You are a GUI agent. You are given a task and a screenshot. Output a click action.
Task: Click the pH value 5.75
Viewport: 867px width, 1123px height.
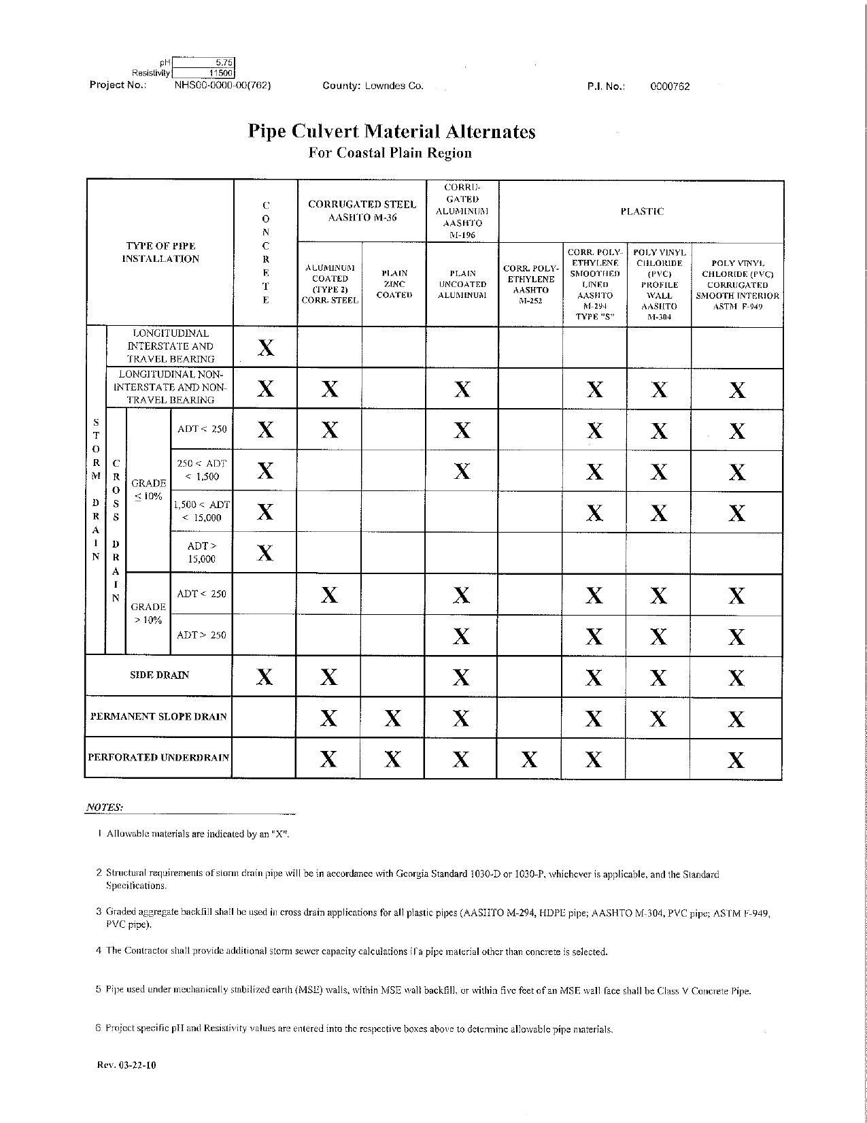click(224, 63)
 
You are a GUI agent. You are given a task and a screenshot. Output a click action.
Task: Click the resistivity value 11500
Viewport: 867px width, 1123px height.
click(221, 73)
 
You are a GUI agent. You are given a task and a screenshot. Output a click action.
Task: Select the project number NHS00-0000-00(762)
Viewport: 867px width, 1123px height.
click(223, 86)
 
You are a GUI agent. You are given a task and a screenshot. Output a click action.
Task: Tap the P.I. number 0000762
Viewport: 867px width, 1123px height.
click(670, 86)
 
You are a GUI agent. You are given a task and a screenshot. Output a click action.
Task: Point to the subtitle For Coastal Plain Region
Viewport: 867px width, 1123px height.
click(390, 152)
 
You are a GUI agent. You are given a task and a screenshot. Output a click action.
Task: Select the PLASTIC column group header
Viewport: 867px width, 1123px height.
click(641, 212)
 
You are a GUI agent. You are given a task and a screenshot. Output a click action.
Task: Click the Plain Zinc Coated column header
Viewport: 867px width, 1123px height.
click(394, 284)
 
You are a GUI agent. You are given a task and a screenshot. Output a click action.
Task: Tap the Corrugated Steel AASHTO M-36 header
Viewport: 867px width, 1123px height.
click(362, 211)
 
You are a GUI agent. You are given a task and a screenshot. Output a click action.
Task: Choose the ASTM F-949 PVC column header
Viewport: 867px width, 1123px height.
click(737, 285)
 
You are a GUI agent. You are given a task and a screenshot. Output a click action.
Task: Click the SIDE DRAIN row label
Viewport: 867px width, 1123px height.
click(159, 675)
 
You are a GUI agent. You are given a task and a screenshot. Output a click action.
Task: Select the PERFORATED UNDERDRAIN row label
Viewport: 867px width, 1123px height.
click(158, 758)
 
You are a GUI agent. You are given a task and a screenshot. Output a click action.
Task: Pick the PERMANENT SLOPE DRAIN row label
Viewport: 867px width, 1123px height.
click(158, 717)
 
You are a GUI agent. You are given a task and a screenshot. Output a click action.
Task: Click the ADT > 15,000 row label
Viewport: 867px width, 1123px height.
click(201, 552)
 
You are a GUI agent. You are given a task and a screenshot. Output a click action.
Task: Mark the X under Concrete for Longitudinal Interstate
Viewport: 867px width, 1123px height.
click(266, 348)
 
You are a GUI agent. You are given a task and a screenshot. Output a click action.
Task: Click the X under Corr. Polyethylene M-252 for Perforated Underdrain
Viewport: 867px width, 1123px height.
click(529, 759)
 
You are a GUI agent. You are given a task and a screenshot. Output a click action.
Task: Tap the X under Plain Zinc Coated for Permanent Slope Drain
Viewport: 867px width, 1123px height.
click(392, 718)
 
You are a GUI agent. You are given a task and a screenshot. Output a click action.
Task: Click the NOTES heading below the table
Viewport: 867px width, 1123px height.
click(104, 807)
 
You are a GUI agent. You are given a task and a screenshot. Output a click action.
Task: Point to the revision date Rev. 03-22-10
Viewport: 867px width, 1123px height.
click(126, 1065)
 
